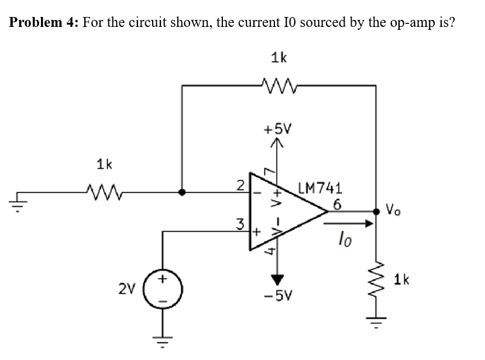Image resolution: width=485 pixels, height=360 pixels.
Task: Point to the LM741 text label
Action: tap(319, 188)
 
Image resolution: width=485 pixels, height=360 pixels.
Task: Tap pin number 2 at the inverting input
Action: tap(240, 186)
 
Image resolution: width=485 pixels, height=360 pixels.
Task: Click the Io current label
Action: tap(345, 238)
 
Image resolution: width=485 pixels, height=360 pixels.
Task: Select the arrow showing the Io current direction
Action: tap(352, 223)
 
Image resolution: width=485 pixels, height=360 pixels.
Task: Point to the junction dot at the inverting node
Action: tap(182, 191)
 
